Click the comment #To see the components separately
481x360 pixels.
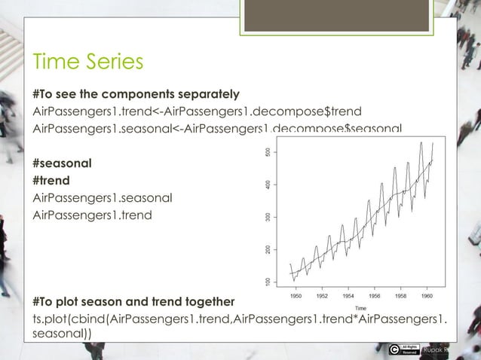click(x=136, y=95)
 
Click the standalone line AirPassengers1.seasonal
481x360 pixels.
click(x=102, y=198)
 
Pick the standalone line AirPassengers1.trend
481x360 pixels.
click(x=92, y=215)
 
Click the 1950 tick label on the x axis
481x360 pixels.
click(x=296, y=297)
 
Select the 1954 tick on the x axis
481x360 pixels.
click(x=348, y=297)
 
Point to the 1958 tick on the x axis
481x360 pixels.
click(x=400, y=297)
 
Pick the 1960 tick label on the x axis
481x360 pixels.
click(x=426, y=297)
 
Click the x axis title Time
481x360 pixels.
click(x=361, y=307)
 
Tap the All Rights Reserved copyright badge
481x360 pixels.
click(x=403, y=349)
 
